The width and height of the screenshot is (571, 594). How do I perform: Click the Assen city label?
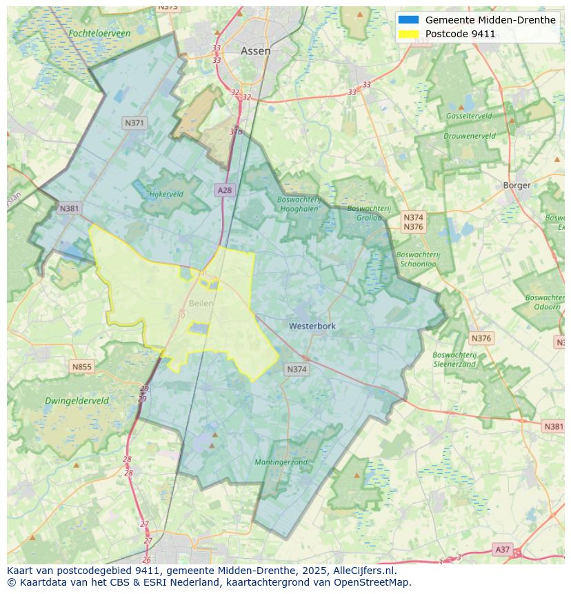[255, 51]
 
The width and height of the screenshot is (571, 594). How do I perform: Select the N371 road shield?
[134, 123]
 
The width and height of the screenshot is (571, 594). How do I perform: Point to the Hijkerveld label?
[166, 194]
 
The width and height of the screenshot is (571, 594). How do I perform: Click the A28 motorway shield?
[225, 190]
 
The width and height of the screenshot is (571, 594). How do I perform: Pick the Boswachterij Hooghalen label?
[299, 204]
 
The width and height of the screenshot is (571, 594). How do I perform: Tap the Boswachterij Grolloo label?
[368, 212]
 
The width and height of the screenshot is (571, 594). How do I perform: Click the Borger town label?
[517, 185]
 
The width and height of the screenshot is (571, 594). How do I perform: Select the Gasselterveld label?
[469, 116]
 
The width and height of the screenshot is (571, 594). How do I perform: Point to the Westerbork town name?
[312, 326]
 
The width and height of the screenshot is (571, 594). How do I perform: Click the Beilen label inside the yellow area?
[201, 303]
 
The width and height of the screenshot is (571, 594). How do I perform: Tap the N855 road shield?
[81, 367]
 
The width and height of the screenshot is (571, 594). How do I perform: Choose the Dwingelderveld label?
[77, 401]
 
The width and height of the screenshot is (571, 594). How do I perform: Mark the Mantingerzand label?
[281, 462]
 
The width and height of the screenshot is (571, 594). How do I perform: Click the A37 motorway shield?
[502, 549]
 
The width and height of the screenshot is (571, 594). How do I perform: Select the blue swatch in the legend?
[408, 20]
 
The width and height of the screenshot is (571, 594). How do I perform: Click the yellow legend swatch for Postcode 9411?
[408, 34]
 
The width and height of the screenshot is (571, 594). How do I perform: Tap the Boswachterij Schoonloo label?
[418, 259]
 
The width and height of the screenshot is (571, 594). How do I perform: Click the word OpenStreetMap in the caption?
[370, 582]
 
